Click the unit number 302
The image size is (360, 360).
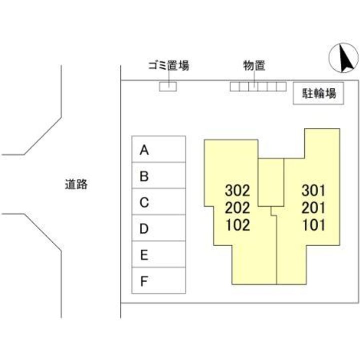pos(237,190)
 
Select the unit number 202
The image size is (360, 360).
pos(237,207)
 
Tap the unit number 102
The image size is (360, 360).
pos(237,225)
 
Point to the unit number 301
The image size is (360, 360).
pos(313,190)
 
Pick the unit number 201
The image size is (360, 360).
pos(313,207)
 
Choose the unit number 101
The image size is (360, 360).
pos(313,225)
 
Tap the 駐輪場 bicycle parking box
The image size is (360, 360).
pos(318,93)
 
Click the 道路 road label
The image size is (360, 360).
pos(76,184)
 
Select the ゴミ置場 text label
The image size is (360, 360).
pos(168,65)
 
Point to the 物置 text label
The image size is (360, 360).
pos(254,65)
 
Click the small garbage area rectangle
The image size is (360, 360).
pos(168,86)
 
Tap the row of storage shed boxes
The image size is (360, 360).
pos(257,86)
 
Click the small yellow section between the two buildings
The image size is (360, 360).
pos(271,182)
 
